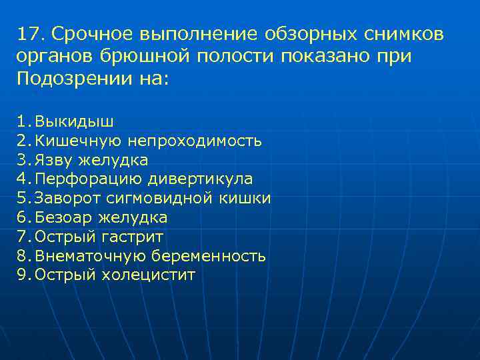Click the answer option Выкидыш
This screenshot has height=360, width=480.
(74, 121)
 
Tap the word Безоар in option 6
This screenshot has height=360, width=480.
(64, 217)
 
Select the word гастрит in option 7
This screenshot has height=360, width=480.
(133, 237)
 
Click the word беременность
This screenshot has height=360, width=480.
(209, 256)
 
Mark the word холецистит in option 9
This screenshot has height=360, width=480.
(149, 275)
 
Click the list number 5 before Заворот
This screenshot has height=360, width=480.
(21, 198)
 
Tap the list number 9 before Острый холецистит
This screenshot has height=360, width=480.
(21, 275)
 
